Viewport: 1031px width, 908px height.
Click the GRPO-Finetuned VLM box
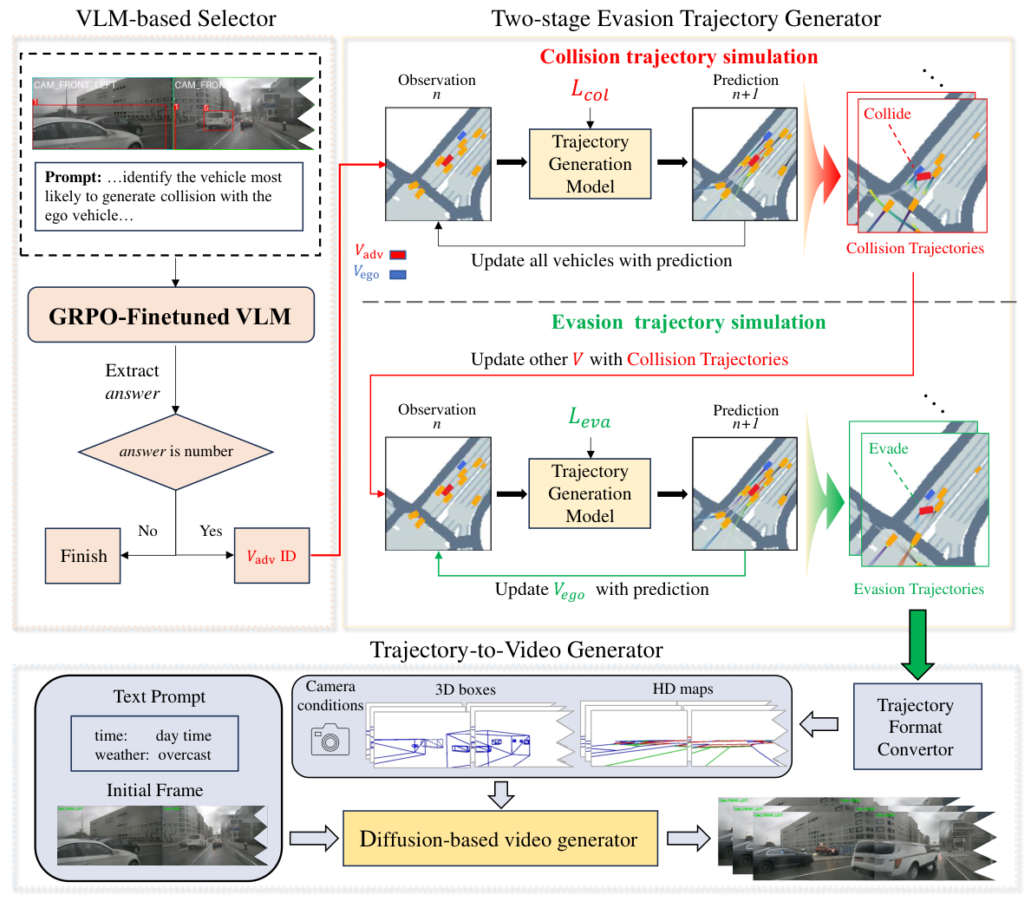point(170,316)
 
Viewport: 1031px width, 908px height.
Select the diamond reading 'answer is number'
point(176,452)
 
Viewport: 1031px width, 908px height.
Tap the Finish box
point(83,556)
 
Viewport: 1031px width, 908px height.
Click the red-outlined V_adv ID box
point(271,556)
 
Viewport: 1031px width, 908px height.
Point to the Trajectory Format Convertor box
point(917,727)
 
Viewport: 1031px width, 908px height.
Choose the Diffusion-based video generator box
point(499,839)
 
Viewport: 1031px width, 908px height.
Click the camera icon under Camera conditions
point(330,739)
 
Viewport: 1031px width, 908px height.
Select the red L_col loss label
point(590,90)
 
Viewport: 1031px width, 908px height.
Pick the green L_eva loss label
point(590,418)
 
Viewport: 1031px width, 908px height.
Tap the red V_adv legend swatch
point(398,255)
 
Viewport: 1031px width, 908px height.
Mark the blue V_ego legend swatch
point(398,274)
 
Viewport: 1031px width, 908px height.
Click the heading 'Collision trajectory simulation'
point(678,57)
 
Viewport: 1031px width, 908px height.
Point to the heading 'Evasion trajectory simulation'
point(688,323)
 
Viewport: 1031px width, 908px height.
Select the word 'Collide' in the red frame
point(887,114)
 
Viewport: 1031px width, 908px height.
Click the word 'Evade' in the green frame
point(888,448)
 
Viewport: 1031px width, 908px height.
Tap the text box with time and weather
point(153,744)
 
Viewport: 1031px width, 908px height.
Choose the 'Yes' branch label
point(211,531)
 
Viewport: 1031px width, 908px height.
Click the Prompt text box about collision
point(169,196)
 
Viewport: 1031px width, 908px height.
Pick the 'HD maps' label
point(682,689)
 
